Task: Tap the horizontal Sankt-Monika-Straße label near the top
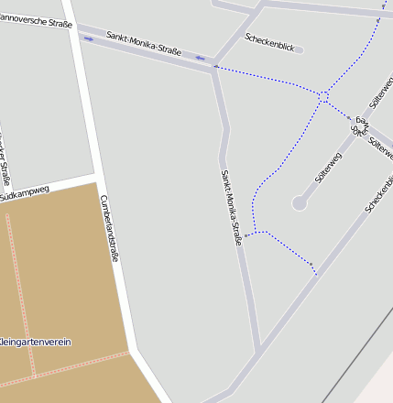(x=144, y=43)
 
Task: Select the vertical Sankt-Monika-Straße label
(x=231, y=207)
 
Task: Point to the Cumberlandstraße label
(x=109, y=228)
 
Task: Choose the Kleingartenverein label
(x=37, y=342)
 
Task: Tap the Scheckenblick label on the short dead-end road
(x=269, y=41)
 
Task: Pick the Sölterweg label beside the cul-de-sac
(x=327, y=168)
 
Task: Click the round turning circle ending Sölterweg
(x=300, y=203)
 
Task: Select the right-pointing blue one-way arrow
(x=89, y=39)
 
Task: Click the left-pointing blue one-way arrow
(x=199, y=58)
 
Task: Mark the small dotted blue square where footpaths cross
(x=323, y=94)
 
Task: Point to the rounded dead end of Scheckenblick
(x=300, y=50)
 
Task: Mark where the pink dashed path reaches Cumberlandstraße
(x=129, y=353)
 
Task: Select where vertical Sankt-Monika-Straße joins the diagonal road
(x=258, y=349)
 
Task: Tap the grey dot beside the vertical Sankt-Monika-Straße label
(x=246, y=235)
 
